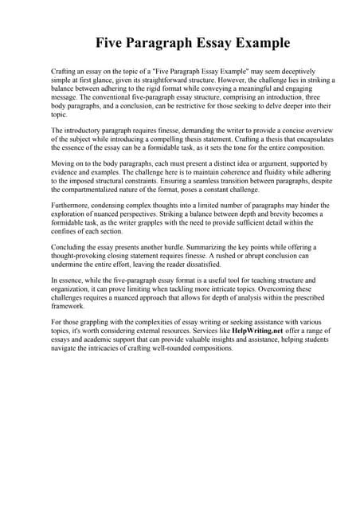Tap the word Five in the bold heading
coord(113,41)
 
